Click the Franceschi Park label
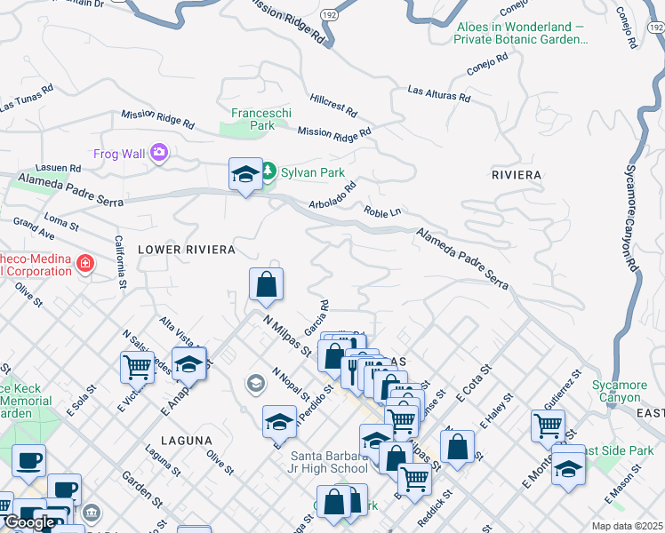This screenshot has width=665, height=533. (252, 119)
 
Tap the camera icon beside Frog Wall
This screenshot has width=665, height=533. (159, 153)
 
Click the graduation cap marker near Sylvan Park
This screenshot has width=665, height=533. (245, 174)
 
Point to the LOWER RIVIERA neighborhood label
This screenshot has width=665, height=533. (186, 250)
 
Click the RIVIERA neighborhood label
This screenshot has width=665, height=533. (517, 175)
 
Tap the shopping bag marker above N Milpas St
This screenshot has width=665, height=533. (266, 285)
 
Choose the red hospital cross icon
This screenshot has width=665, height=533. (84, 264)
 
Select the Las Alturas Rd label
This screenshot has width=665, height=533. (438, 92)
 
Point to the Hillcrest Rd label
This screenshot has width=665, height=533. (333, 107)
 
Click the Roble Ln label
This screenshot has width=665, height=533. (382, 214)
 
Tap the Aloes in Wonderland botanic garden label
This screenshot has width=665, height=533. (521, 33)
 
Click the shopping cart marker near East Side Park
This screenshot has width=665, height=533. (548, 425)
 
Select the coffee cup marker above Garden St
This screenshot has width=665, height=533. (28, 459)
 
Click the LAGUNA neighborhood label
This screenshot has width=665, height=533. (187, 440)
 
